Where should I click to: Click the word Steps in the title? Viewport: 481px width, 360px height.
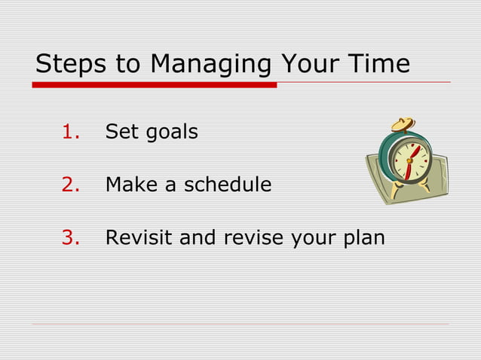click(71, 64)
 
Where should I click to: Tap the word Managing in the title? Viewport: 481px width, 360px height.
click(210, 65)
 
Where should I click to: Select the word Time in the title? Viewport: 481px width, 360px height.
click(377, 64)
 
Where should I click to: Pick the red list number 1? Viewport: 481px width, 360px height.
click(71, 133)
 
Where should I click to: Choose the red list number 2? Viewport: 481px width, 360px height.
click(71, 185)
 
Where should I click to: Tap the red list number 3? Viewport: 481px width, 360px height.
click(71, 238)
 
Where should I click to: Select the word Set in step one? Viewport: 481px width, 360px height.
click(121, 133)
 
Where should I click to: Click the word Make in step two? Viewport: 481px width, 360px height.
click(132, 185)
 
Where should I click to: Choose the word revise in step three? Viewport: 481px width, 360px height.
click(256, 238)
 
